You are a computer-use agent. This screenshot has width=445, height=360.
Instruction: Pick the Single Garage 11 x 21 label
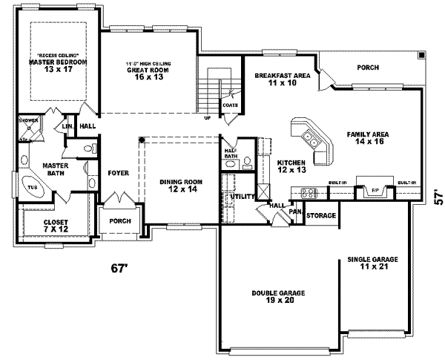(373, 263)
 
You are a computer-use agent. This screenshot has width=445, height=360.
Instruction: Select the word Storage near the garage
(321, 215)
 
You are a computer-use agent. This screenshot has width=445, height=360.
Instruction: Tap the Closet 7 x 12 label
(56, 226)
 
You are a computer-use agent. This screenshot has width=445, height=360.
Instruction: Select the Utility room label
(244, 196)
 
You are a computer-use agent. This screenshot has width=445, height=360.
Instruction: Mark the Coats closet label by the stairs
(230, 105)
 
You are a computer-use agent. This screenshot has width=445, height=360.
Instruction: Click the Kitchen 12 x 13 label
(291, 166)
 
